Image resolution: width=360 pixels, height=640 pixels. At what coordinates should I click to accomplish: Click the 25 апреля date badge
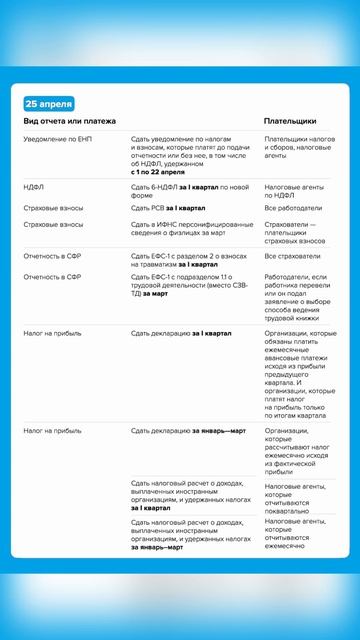pos(47,104)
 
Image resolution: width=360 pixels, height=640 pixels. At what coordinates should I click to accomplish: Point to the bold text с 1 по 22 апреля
pos(165,173)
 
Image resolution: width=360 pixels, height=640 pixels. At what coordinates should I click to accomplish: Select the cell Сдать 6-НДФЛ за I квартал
pos(190,191)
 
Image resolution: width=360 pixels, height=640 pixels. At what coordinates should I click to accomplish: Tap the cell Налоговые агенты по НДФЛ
pos(299,191)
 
